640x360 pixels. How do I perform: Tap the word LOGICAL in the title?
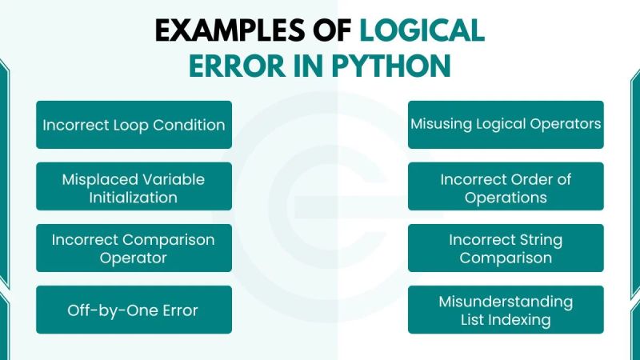422,30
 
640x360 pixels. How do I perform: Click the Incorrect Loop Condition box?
134,125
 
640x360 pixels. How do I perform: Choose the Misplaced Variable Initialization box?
134,186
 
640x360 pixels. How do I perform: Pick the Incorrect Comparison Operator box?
134,248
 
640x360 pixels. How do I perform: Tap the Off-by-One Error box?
134,310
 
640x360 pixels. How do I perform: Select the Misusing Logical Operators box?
506,125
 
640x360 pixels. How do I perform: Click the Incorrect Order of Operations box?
506,186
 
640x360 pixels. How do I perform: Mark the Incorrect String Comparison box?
506,248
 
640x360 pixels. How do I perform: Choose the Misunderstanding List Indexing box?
506,310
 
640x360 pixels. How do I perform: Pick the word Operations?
506,198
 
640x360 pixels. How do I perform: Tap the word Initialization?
134,198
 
